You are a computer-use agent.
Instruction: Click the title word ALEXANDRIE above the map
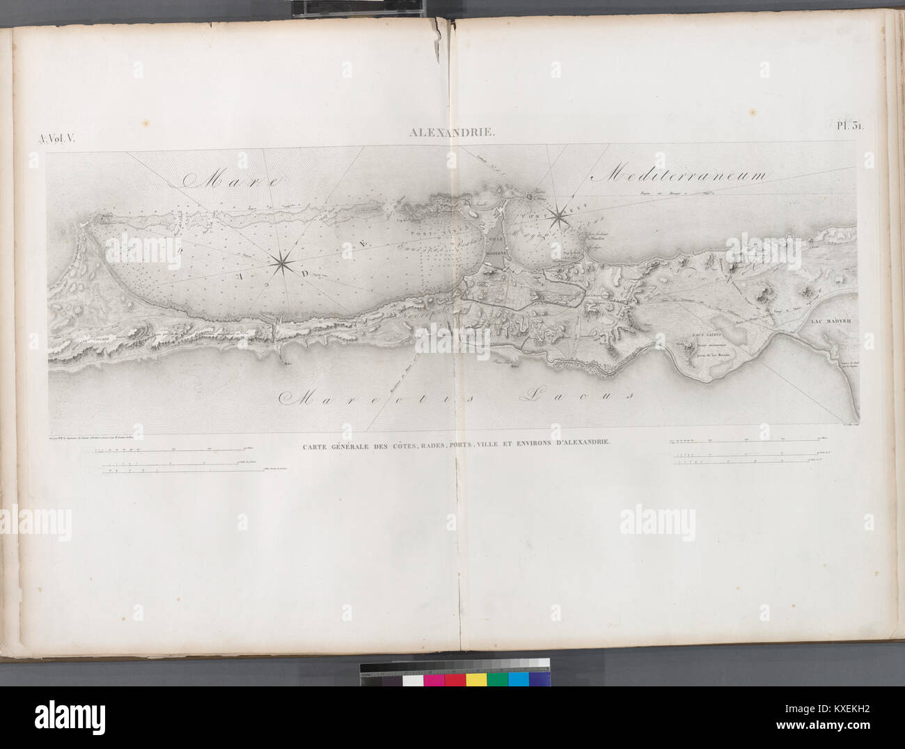(x=452, y=130)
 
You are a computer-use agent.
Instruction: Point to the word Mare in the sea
(x=230, y=182)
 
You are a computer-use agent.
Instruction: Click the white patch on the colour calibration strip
(x=413, y=679)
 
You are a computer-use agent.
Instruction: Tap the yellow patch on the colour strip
(x=476, y=679)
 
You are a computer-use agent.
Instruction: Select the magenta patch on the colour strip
(x=434, y=679)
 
